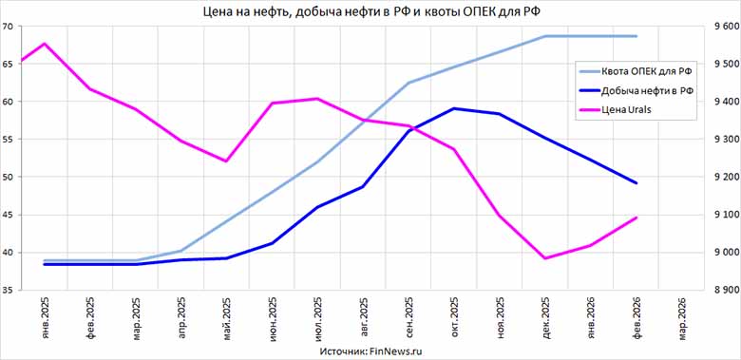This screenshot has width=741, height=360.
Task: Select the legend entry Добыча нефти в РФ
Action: (646, 90)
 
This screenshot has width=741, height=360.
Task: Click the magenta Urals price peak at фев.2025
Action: (45, 44)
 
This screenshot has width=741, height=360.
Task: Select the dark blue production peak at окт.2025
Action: (455, 108)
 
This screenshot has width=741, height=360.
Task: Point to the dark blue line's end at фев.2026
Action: (636, 183)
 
